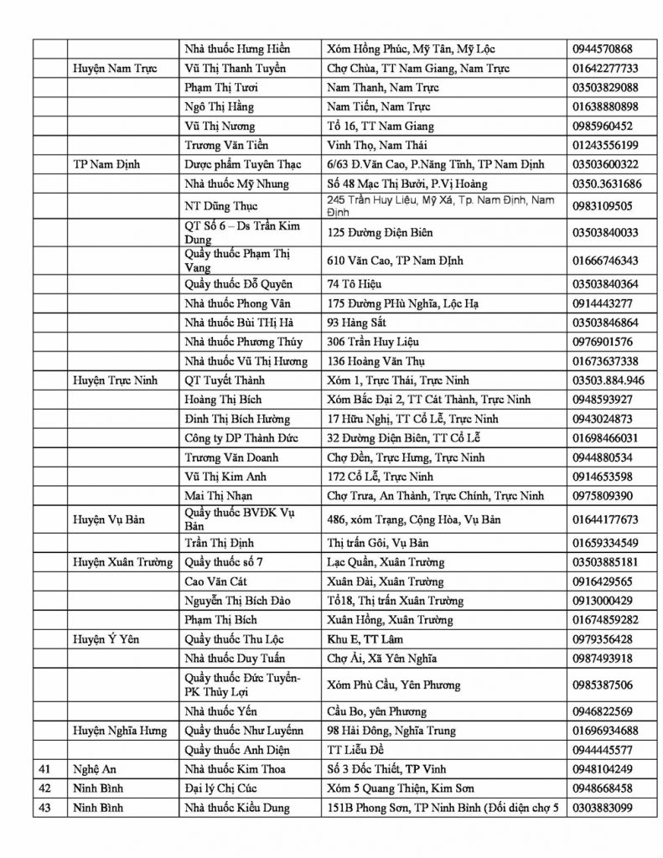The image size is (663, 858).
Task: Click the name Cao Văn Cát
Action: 217,581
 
